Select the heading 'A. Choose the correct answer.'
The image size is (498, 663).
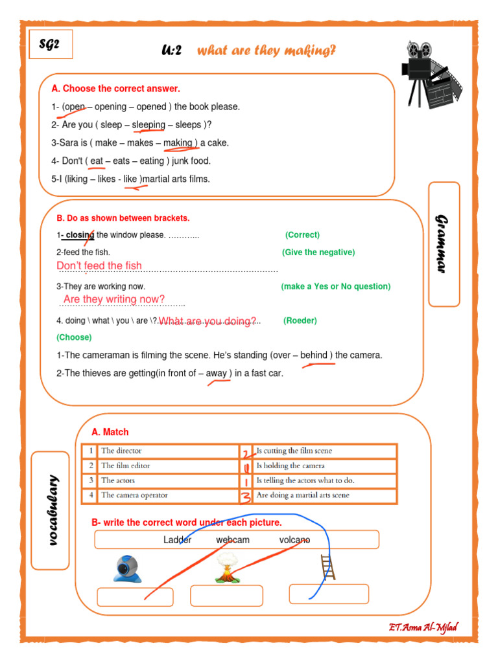point(115,89)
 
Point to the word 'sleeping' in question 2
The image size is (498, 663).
point(148,125)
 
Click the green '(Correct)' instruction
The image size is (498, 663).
point(302,235)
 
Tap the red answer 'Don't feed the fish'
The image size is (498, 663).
point(99,266)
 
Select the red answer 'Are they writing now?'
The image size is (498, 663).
point(114,299)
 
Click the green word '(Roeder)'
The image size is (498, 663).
point(300,320)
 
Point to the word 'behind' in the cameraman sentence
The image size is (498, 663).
point(314,355)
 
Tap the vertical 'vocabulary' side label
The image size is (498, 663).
point(51,510)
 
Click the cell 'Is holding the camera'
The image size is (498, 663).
point(290,466)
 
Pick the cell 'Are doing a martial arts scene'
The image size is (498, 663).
point(303,495)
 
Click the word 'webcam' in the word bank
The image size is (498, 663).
point(233,540)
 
